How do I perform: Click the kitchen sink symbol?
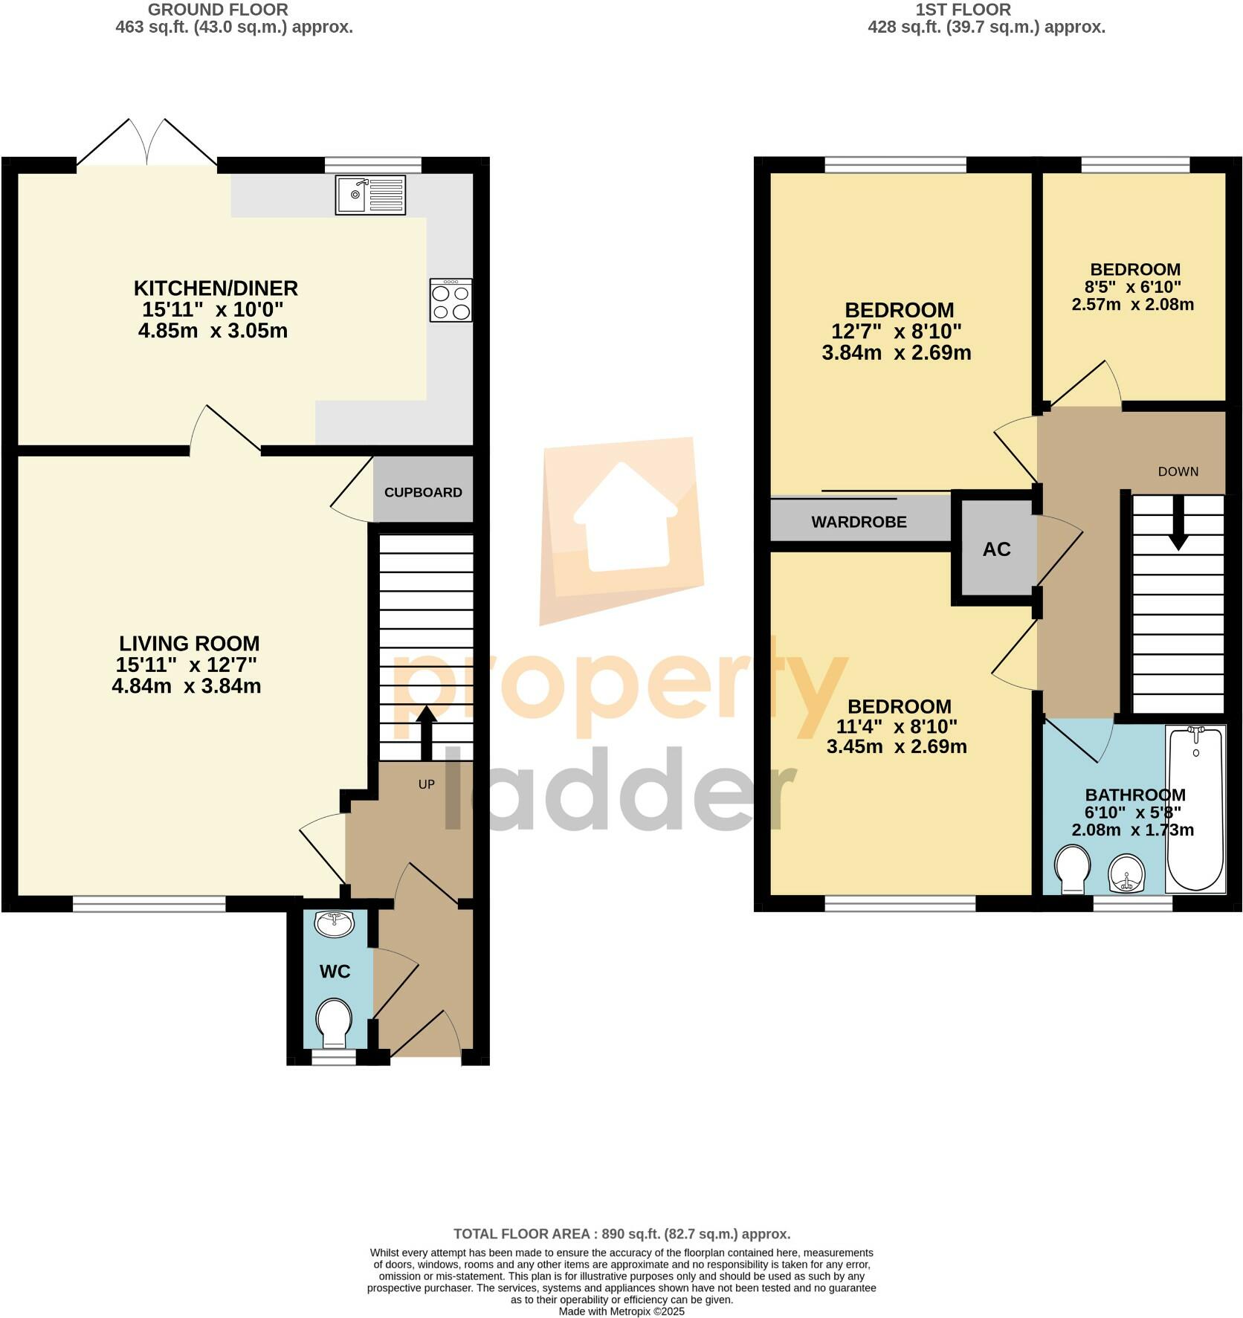[370, 195]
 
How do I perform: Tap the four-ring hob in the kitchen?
[451, 300]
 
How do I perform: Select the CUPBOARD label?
[423, 492]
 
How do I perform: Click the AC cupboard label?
[996, 549]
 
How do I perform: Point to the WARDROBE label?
[859, 522]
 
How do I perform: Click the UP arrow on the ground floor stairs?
[426, 733]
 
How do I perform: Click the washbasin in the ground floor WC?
[335, 925]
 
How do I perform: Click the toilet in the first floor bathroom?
[1072, 872]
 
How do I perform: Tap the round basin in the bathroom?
[1126, 873]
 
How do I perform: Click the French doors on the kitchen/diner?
[147, 143]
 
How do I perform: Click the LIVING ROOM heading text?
[190, 643]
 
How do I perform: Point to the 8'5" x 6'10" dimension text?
[1133, 287]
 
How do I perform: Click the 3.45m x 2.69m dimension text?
[897, 746]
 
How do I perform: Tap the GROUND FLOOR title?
[218, 10]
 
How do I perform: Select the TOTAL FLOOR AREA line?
[621, 1234]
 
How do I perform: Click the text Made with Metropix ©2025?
[621, 1311]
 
